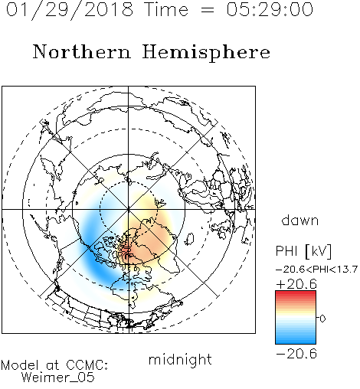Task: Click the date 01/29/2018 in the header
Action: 70,10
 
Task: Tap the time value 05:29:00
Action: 270,10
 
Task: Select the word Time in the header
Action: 166,10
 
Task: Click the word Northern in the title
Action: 81,51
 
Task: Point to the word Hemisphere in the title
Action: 206,53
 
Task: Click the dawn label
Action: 300,220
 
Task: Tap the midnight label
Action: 180,359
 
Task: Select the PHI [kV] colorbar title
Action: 303,251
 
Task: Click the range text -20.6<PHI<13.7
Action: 316,270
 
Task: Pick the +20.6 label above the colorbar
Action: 296,284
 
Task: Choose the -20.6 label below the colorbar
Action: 296,354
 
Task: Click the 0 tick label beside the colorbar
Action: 322,319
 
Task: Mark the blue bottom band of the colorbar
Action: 296,340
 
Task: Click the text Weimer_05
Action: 58,378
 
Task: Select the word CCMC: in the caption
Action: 87,365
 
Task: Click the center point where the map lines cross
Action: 129,210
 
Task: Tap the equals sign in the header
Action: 208,10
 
